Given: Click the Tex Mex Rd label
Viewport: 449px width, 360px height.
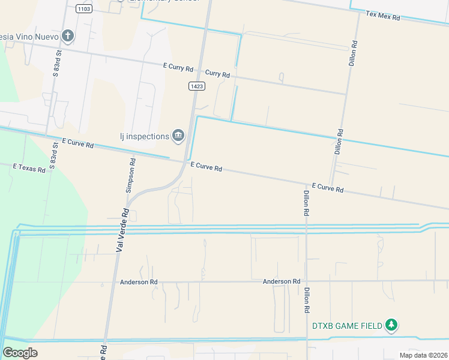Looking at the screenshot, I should point(383,16).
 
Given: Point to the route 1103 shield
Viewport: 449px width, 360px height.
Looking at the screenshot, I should point(84,10).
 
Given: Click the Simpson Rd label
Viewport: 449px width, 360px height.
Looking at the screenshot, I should point(130,174).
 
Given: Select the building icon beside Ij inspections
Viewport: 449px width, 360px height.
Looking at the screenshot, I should point(178,137).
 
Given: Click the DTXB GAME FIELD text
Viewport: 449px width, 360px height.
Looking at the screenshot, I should point(347,326).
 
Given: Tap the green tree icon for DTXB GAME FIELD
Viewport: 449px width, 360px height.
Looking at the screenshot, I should point(391,325).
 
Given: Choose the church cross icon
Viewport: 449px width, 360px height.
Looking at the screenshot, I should point(68,36).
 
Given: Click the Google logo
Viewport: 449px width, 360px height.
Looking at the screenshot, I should point(20,352).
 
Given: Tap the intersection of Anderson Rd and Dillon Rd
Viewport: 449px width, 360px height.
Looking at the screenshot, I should point(307,281).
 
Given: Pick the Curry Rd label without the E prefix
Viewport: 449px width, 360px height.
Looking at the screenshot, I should point(217,74).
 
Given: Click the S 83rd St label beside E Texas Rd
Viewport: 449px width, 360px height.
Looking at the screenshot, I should point(54,155).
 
